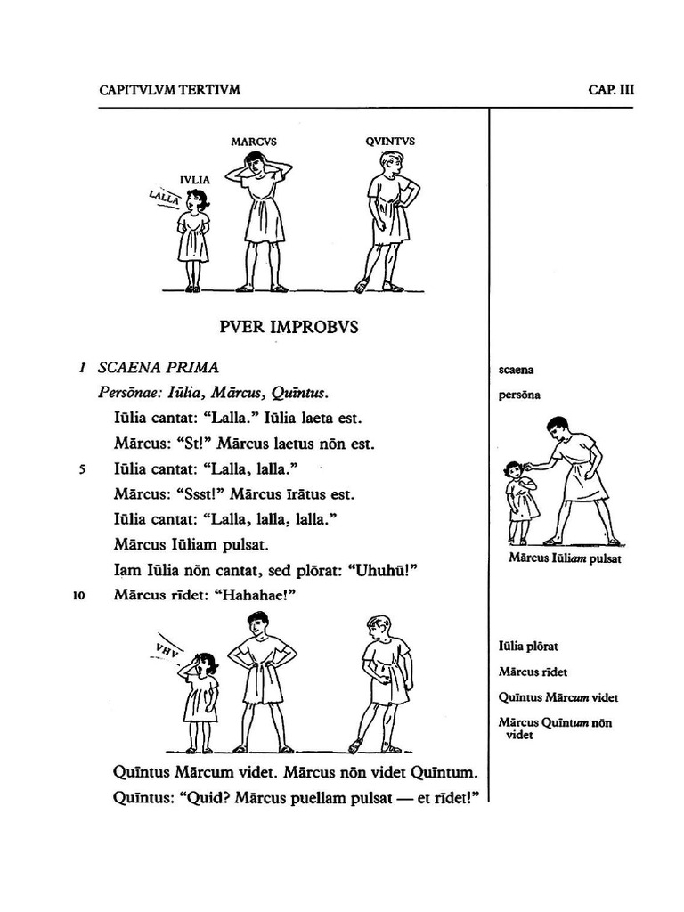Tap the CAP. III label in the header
[x=611, y=90]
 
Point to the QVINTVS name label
[x=389, y=142]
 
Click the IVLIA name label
[x=195, y=180]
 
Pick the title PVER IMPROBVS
[x=289, y=327]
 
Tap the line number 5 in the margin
[x=82, y=469]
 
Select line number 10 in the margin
[x=79, y=597]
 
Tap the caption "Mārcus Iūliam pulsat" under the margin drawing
[x=565, y=558]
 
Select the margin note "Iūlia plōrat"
[x=528, y=647]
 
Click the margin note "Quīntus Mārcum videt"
[x=558, y=697]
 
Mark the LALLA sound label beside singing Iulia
[x=165, y=199]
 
